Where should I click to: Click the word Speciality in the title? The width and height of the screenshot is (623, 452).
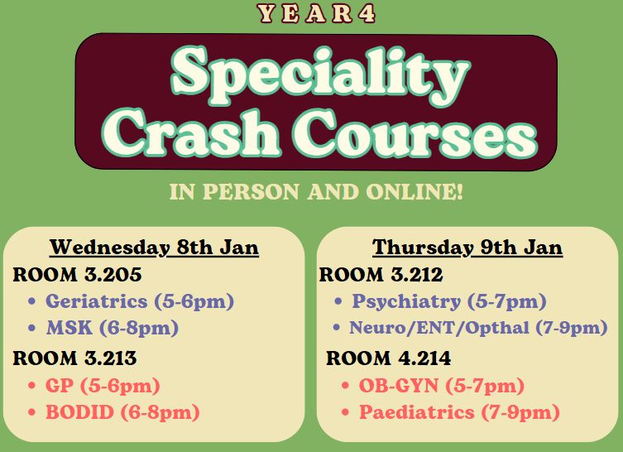(x=321, y=76)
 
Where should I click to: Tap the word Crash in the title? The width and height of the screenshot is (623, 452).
(x=191, y=132)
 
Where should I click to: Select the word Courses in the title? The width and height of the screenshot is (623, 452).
(x=415, y=132)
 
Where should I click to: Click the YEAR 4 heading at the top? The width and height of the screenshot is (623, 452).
(x=316, y=13)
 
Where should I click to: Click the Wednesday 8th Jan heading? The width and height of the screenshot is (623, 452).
(x=154, y=248)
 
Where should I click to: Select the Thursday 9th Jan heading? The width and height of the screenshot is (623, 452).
(x=467, y=248)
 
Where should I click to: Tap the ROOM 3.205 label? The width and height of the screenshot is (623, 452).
(x=77, y=275)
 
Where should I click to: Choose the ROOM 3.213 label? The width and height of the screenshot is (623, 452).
(x=74, y=358)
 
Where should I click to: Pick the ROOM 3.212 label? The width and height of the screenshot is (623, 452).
(x=381, y=275)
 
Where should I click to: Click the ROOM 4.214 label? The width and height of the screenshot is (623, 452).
(x=388, y=358)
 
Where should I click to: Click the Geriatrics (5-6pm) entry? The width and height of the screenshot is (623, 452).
(x=140, y=301)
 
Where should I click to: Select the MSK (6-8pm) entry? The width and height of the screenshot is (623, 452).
(x=113, y=329)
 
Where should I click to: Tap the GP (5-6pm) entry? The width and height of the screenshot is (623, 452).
(x=103, y=386)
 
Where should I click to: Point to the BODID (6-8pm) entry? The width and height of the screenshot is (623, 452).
(x=122, y=412)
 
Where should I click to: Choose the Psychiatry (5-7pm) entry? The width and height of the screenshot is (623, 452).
(x=449, y=301)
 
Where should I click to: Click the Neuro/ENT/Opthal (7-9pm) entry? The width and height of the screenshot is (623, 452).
(x=478, y=329)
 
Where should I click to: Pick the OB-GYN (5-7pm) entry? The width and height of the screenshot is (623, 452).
(x=442, y=386)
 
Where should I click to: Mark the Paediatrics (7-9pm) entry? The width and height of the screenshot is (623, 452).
(x=460, y=412)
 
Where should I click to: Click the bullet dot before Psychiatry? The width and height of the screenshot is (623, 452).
(x=338, y=301)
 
